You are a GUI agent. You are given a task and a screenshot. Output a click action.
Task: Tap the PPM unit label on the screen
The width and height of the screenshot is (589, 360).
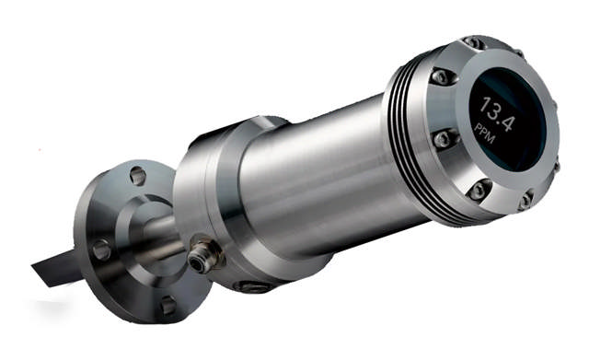tap(485, 134)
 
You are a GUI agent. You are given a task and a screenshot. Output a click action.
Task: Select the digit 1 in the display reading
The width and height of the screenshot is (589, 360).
tap(485, 103)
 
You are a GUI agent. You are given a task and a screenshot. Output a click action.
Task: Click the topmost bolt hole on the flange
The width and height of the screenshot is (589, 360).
tap(137, 176)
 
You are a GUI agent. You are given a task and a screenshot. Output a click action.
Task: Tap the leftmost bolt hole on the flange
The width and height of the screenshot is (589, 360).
tap(101, 250)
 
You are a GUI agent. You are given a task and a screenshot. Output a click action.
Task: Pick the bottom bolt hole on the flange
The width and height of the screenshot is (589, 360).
tap(167, 305)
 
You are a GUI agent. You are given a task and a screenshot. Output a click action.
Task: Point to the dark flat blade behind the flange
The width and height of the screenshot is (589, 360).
tap(56, 267)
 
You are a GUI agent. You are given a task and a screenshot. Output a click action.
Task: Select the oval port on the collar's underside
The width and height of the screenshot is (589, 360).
tap(252, 286)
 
